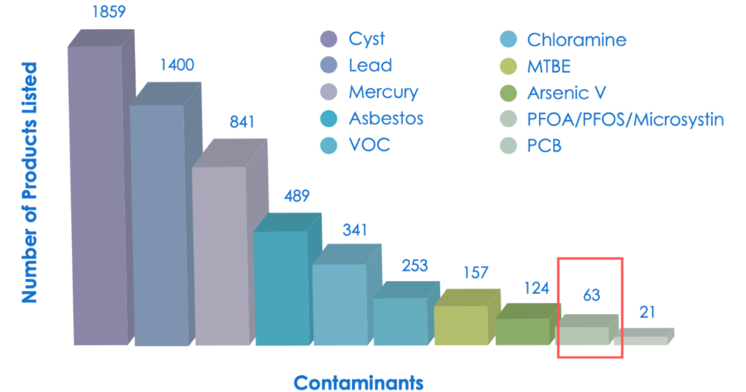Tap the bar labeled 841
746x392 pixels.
[x=219, y=255]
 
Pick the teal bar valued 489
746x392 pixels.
[x=280, y=288]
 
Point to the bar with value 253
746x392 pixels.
[x=401, y=321]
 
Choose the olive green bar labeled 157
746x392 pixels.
[x=460, y=325]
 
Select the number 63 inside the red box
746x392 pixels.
[x=591, y=295]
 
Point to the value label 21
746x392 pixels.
[x=648, y=313]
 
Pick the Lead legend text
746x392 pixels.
[x=370, y=66]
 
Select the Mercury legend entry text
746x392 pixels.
[x=383, y=93]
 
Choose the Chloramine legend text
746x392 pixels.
[x=576, y=39]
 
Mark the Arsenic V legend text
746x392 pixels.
[x=567, y=93]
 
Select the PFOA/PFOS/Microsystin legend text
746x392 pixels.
[x=626, y=119]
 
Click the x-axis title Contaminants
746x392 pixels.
[x=358, y=382]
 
